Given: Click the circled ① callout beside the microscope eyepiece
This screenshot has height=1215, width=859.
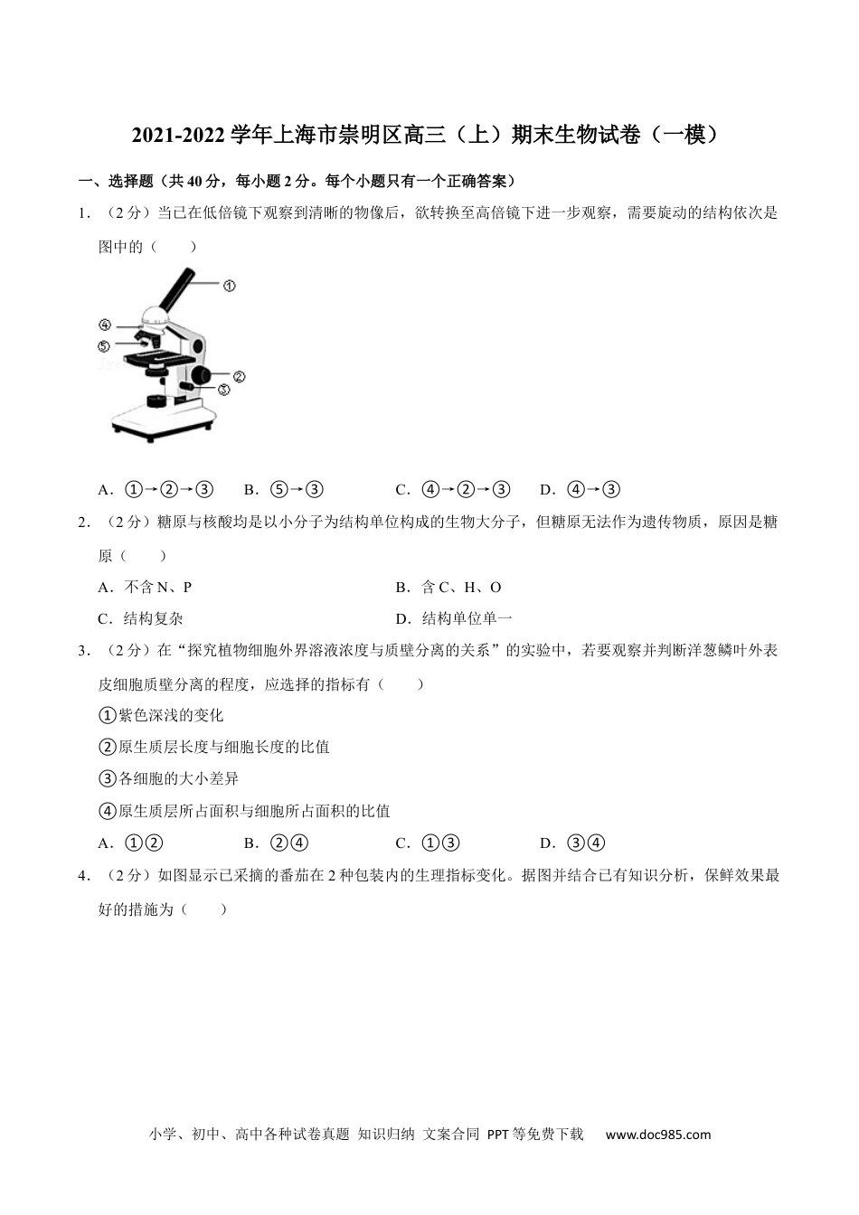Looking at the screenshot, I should coord(229,286).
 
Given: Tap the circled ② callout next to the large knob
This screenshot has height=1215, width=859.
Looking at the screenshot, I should coord(240,377).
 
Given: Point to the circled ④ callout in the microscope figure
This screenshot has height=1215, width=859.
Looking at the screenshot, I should coord(105,325).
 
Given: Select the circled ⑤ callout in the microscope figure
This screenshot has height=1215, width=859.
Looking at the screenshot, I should coord(105,345).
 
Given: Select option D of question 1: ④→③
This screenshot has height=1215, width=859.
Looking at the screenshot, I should coord(580,490).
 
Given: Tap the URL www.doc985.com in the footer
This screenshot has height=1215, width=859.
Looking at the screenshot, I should coord(657,1135).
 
